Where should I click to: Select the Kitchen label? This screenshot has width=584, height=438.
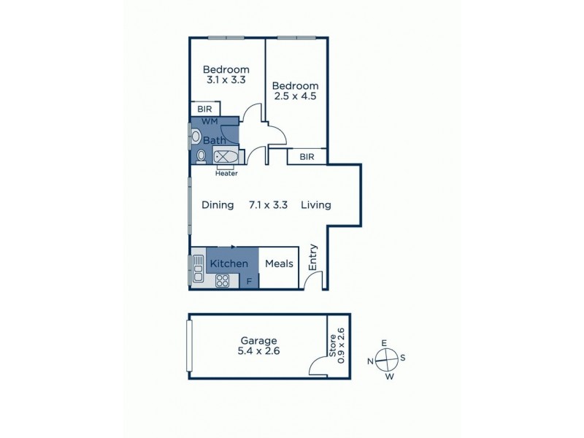pos(229,264)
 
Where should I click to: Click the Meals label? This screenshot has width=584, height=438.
pos(279,264)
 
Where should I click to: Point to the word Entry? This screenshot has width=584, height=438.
pos(313,258)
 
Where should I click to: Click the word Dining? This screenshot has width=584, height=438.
pos(218,205)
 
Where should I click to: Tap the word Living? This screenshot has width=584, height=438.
pos(316,205)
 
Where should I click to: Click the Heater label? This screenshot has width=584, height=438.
pos(226,174)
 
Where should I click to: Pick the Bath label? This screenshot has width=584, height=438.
pos(214,140)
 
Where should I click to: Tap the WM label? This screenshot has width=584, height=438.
pos(210,120)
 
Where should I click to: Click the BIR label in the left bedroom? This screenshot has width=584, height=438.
pos(204,109)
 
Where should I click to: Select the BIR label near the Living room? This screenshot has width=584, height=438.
pos(307,157)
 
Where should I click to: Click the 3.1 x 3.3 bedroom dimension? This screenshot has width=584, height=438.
pos(226,82)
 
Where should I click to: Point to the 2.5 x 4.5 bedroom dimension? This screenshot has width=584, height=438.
pos(296,96)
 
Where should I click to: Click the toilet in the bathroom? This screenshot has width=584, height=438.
pos(201,155)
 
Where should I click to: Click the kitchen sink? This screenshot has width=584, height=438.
pos(198,269)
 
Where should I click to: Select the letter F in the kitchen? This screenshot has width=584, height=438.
pos(249,281)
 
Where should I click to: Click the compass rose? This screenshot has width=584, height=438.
pos(387,358)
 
